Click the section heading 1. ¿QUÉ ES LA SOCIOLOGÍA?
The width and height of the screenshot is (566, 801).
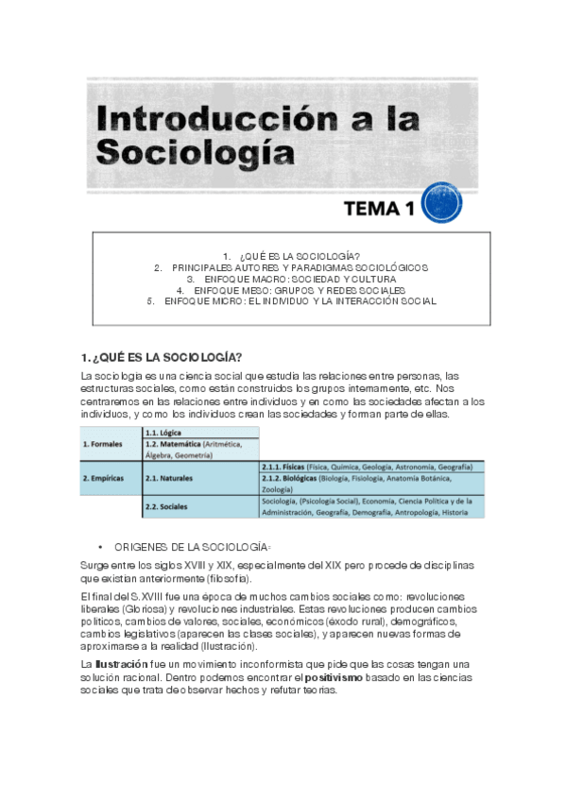click(x=163, y=356)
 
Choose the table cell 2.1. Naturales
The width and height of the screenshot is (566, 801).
click(x=170, y=479)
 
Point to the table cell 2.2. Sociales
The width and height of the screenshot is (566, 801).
click(x=166, y=507)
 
